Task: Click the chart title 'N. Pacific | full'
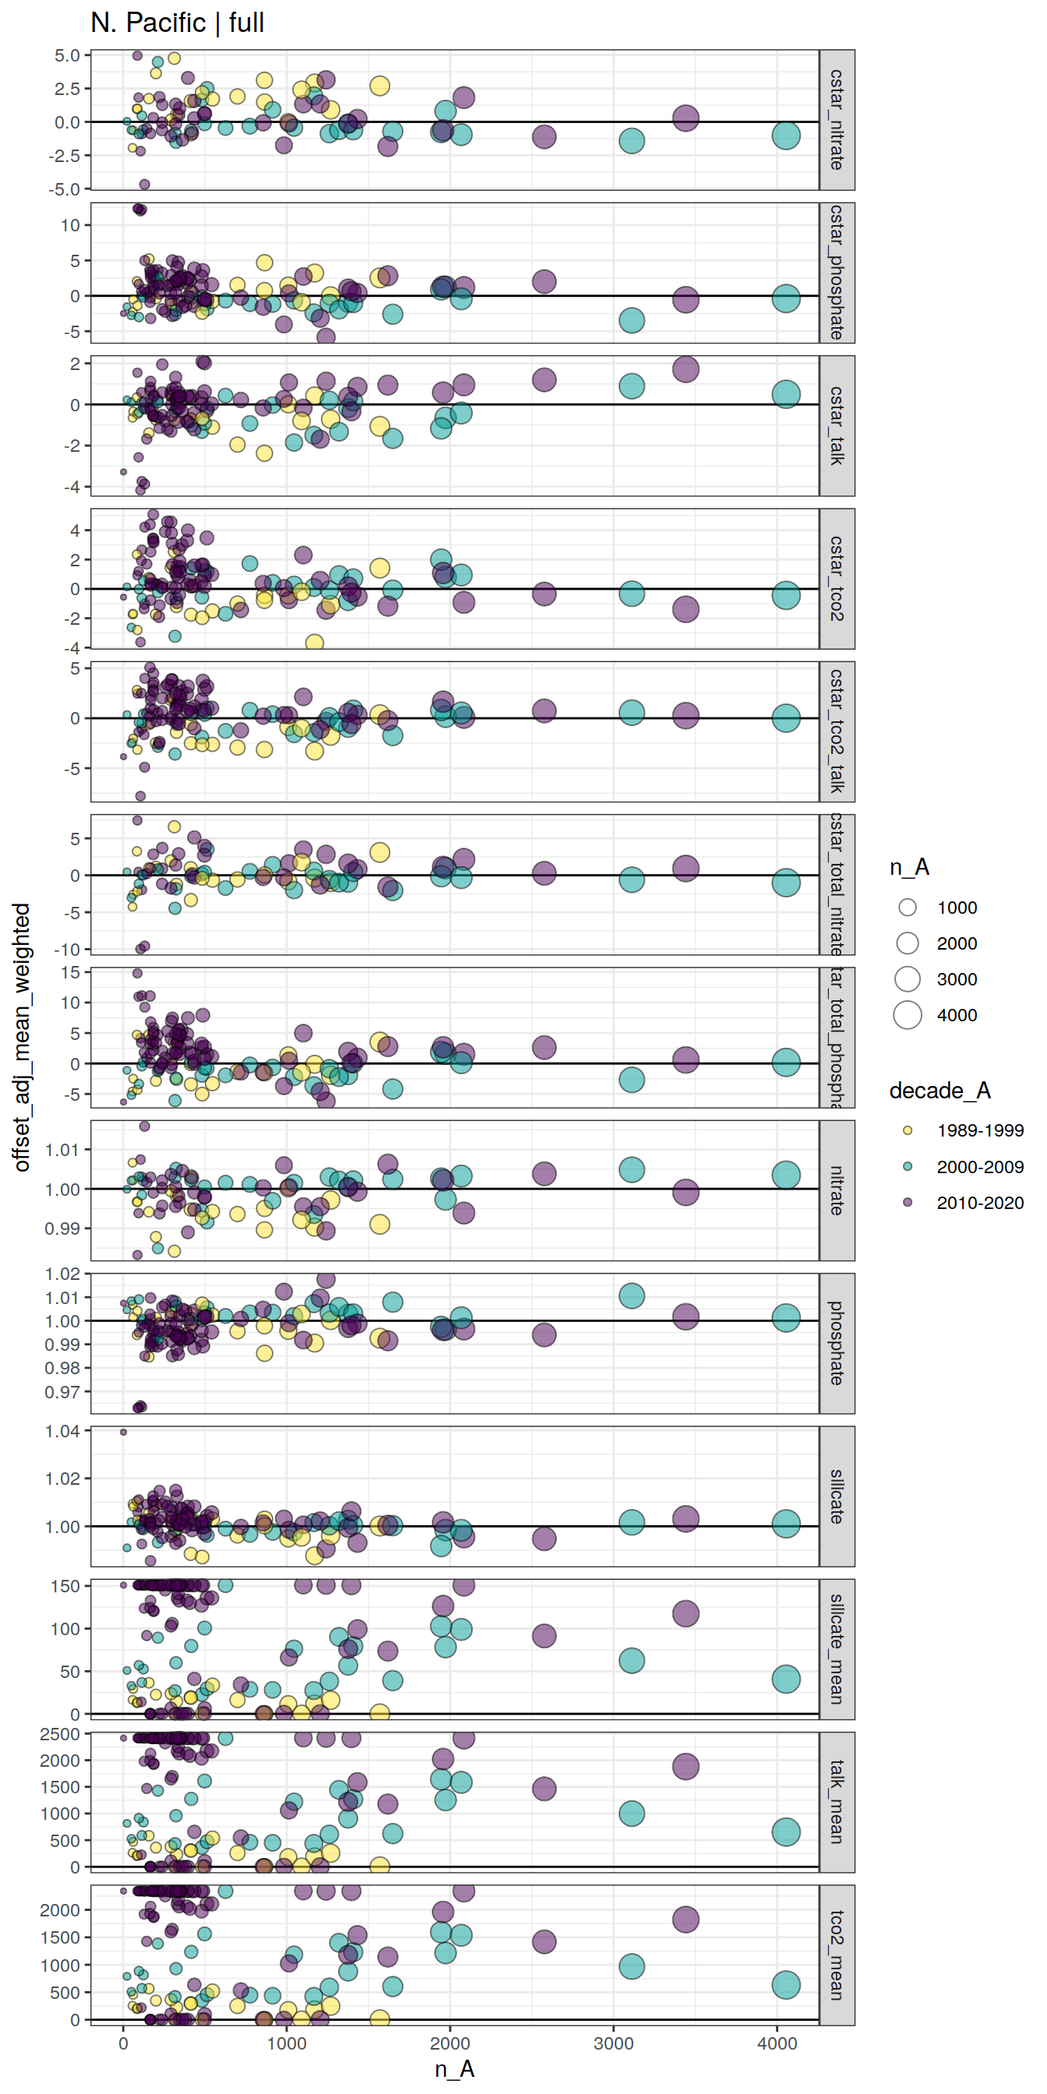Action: [x=177, y=23]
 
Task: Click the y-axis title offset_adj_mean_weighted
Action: [x=22, y=1036]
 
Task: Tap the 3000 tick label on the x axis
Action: [x=614, y=2043]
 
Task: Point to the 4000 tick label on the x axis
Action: [x=777, y=2043]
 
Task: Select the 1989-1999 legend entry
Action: [x=979, y=1130]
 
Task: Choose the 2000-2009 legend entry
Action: [x=979, y=1167]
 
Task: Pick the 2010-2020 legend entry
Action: [x=979, y=1203]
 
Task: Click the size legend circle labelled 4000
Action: [x=908, y=1015]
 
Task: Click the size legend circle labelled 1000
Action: [x=908, y=908]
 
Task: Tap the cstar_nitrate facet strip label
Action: [x=837, y=119]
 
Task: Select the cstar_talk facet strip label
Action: [x=837, y=425]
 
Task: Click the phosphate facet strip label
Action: [x=837, y=1343]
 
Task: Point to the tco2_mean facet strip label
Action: [x=837, y=1955]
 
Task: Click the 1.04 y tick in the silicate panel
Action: [x=62, y=1432]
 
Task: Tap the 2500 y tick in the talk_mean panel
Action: [x=59, y=1735]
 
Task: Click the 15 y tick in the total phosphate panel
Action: [x=70, y=972]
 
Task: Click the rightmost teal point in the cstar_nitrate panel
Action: [x=785, y=135]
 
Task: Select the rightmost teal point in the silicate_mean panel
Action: [x=785, y=1679]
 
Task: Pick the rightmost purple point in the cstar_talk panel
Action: [x=686, y=369]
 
